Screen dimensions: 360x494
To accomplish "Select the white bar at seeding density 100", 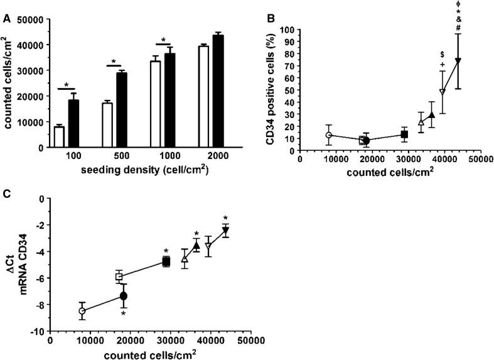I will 59,136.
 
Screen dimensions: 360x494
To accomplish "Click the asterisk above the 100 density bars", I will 65,83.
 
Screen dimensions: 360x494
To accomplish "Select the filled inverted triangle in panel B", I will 458,60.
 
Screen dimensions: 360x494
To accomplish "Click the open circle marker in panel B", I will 328,135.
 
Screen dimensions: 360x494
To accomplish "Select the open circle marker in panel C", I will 82,311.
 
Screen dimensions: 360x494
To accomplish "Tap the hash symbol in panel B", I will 458,27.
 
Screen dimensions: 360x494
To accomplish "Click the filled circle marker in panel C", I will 124,296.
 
